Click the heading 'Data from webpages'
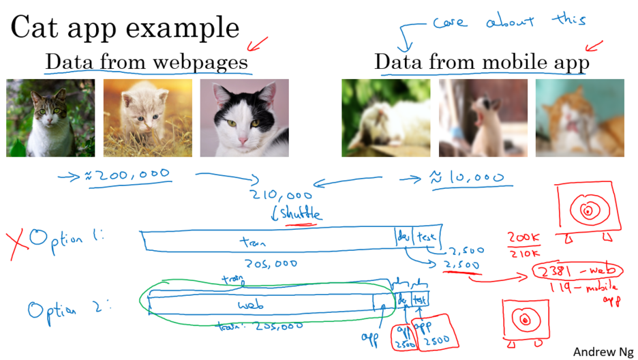coord(147,62)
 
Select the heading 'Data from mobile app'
coord(481,63)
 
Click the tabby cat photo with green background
coord(50,118)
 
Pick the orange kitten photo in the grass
coord(147,118)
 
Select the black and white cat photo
coord(244,118)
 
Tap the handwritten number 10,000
coord(471,179)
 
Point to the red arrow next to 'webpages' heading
coord(258,45)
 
